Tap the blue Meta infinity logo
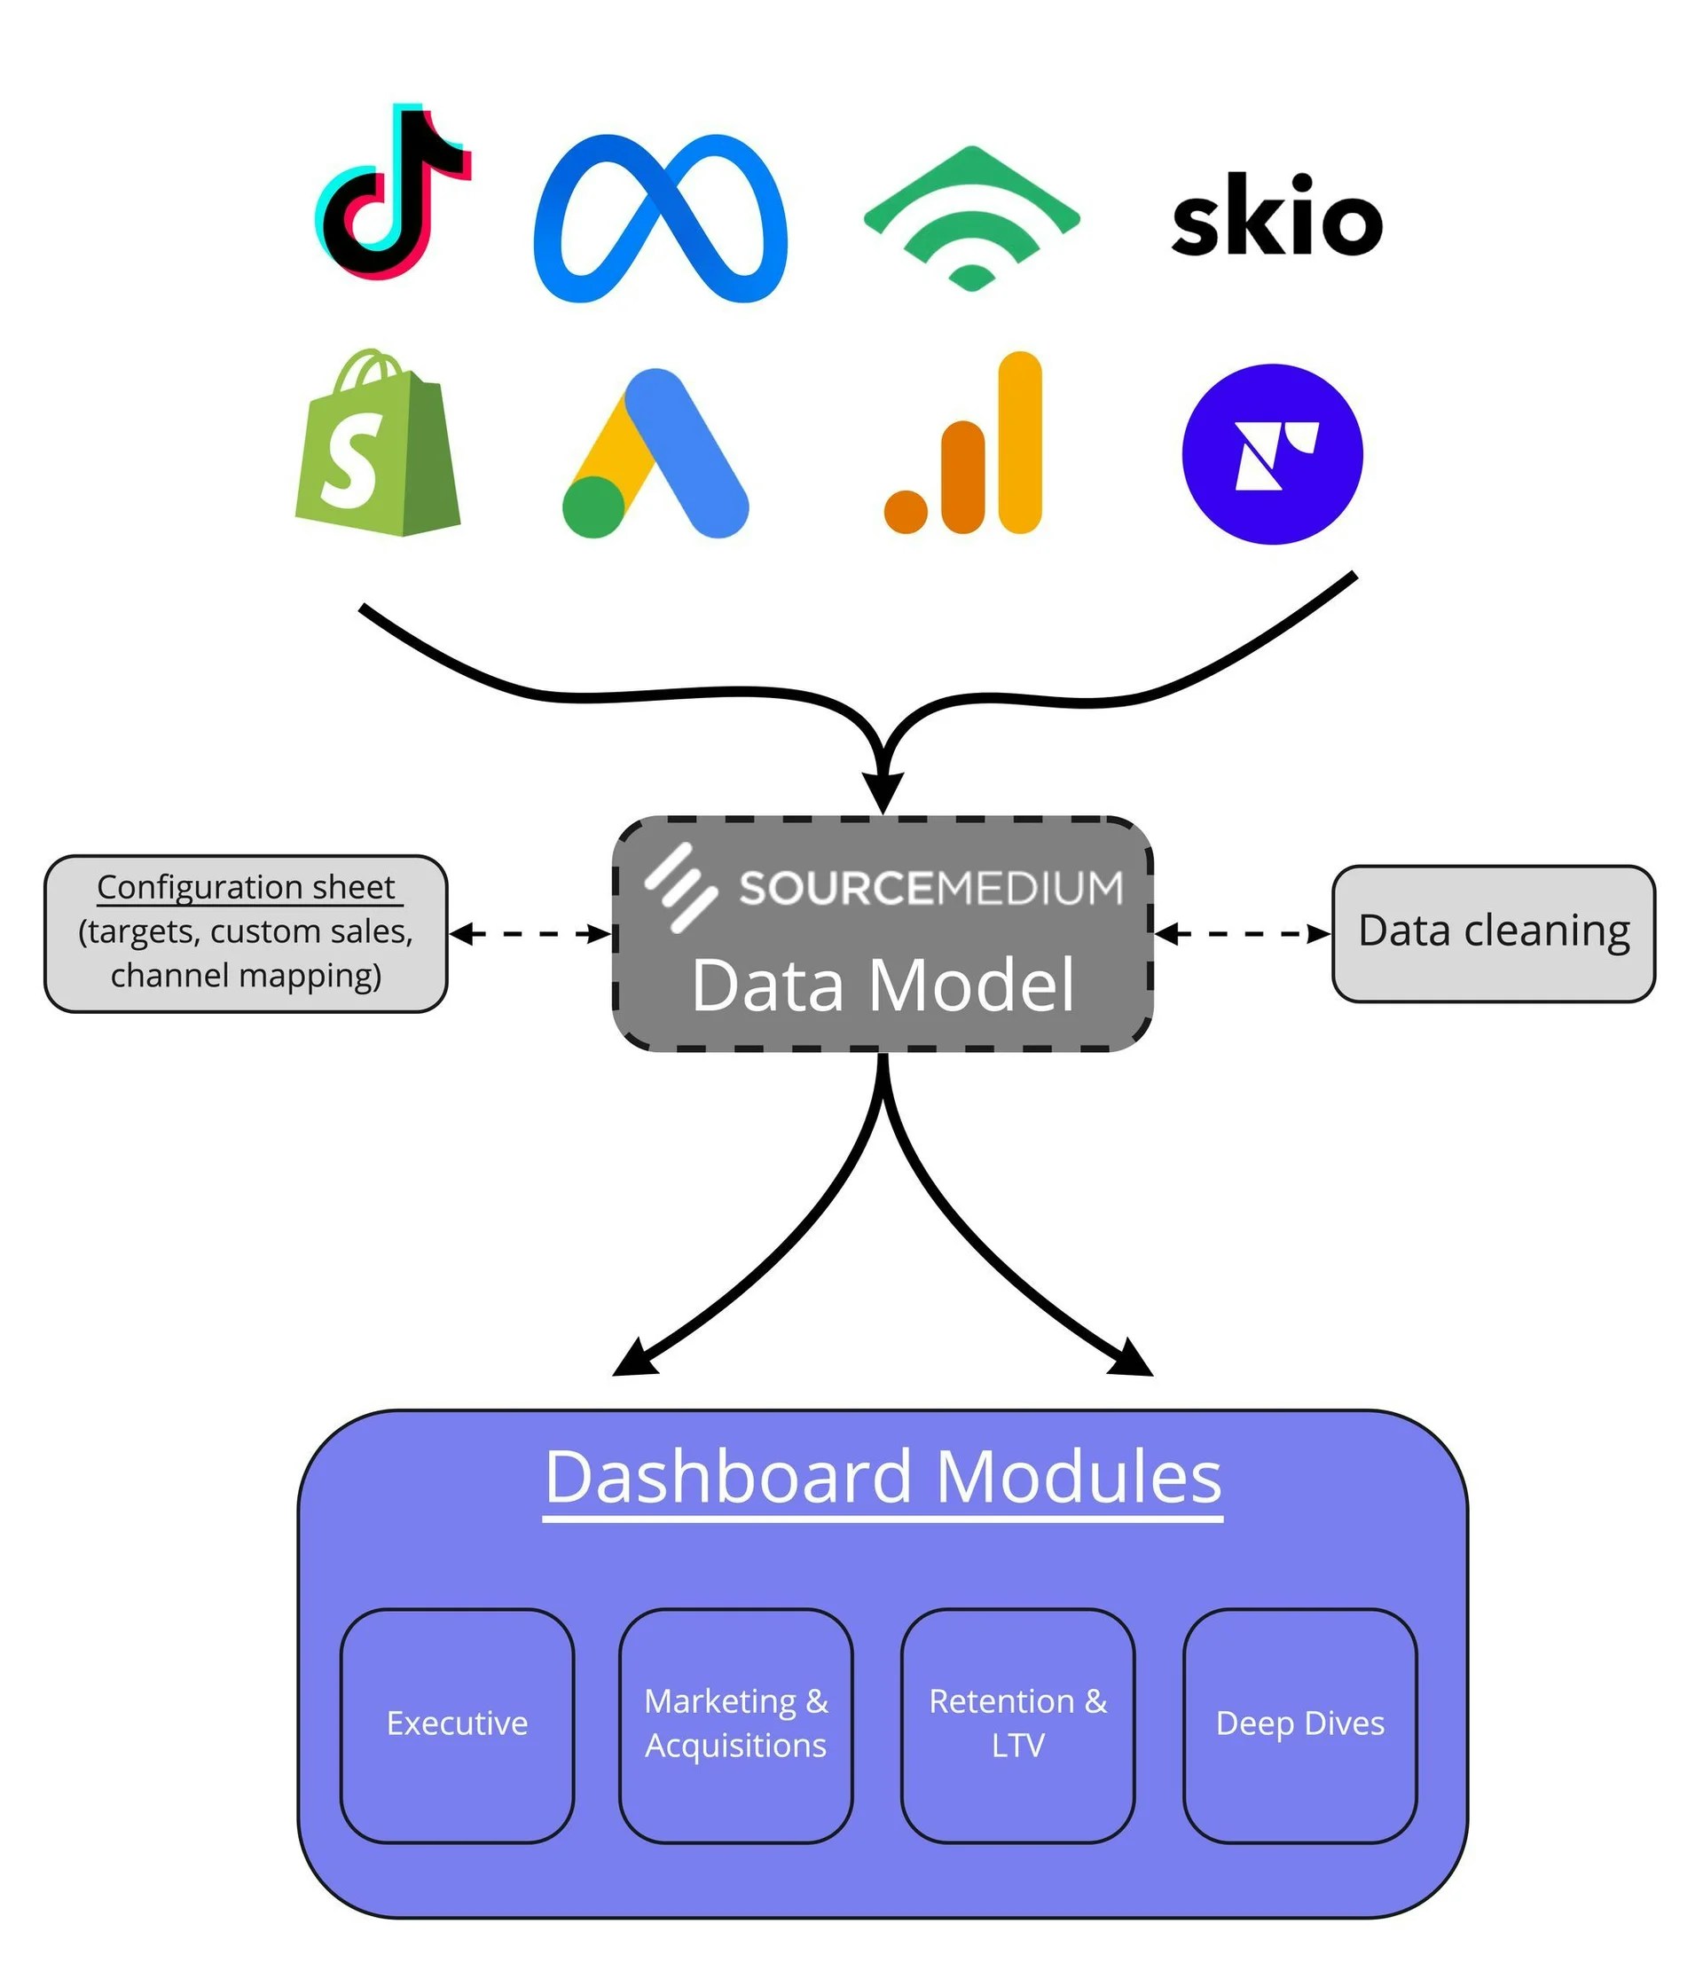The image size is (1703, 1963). pyautogui.click(x=660, y=218)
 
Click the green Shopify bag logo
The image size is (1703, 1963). pyautogui.click(x=377, y=444)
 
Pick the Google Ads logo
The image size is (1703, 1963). pyautogui.click(x=655, y=454)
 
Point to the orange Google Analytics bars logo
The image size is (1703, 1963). pyautogui.click(x=963, y=444)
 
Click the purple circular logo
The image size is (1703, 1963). pyautogui.click(x=1272, y=454)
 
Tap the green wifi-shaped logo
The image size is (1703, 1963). pyautogui.click(x=970, y=217)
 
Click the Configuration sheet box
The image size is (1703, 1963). pyautogui.click(x=245, y=933)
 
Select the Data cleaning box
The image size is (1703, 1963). pyautogui.click(x=1493, y=933)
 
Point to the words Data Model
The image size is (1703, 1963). pyautogui.click(x=882, y=985)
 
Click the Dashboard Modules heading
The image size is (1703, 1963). pyautogui.click(x=883, y=1478)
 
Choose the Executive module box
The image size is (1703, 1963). pyautogui.click(x=457, y=1724)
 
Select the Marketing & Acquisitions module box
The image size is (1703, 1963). pyautogui.click(x=735, y=1724)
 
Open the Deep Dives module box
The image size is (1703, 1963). pyautogui.click(x=1299, y=1724)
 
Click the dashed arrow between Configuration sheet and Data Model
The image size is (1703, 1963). pyautogui.click(x=530, y=934)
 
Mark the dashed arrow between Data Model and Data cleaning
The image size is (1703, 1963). pyautogui.click(x=1242, y=934)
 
